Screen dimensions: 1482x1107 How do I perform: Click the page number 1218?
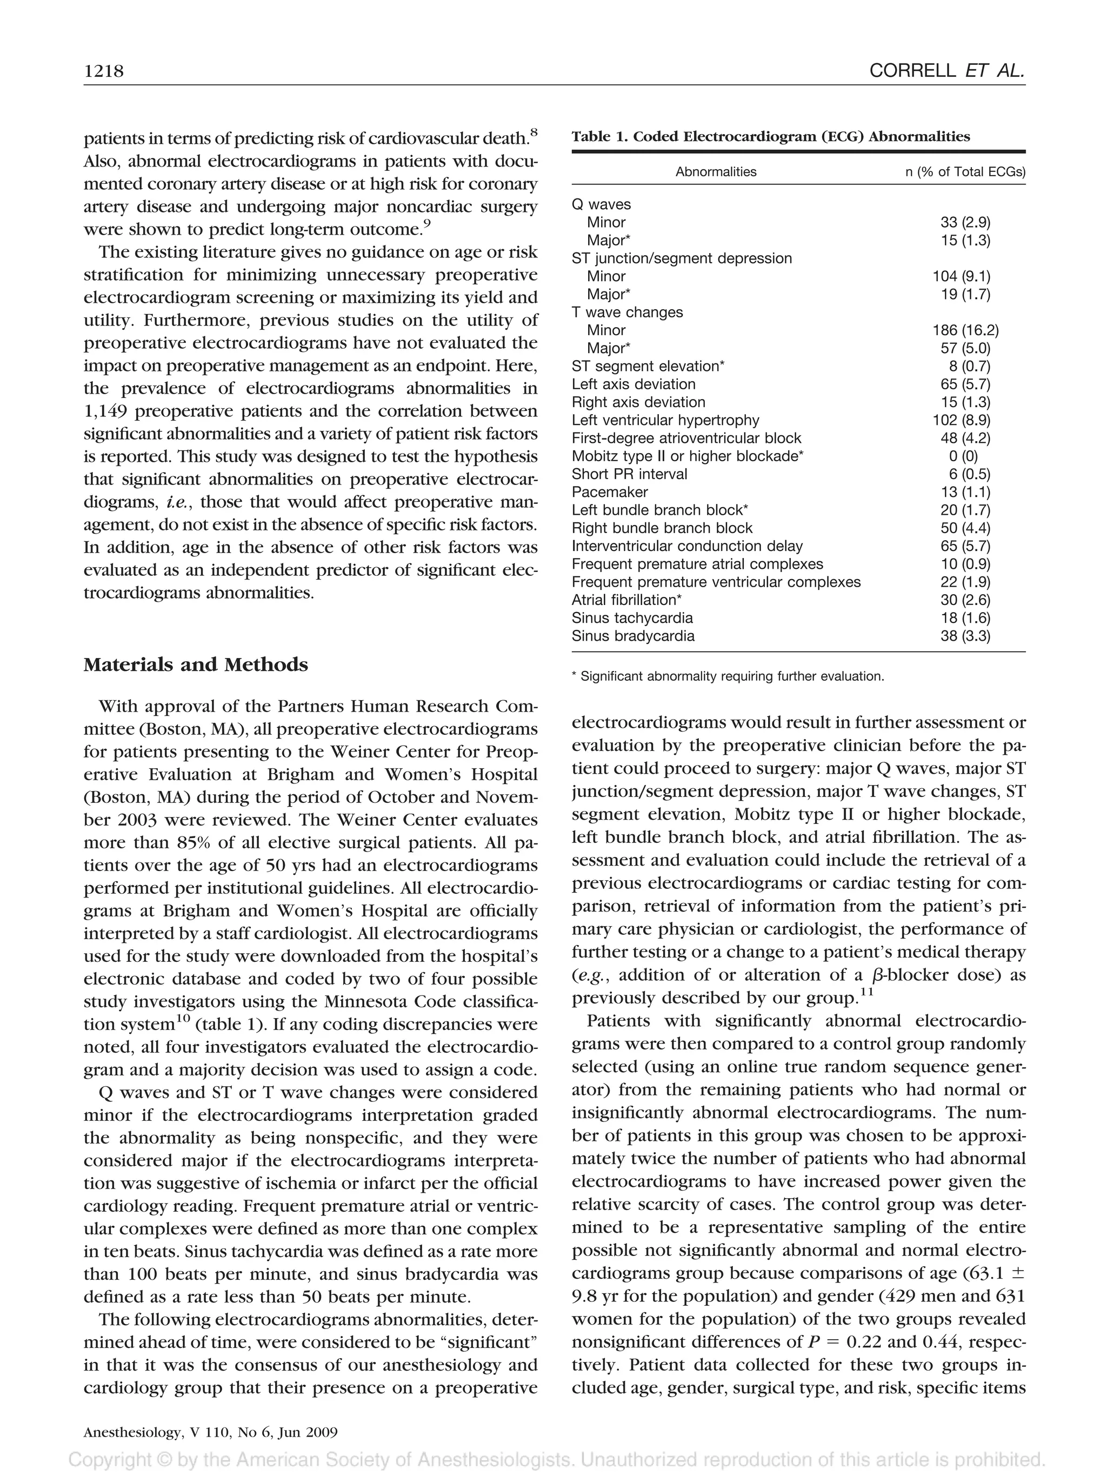click(x=104, y=71)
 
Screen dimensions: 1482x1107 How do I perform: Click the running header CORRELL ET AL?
click(x=946, y=71)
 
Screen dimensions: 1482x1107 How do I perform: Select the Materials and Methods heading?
click(x=196, y=664)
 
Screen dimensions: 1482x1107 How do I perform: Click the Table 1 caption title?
click(x=770, y=137)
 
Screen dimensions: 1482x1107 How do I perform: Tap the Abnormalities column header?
click(x=715, y=172)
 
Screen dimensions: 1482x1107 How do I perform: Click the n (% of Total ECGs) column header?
click(x=964, y=172)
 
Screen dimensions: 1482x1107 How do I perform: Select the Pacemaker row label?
click(x=609, y=493)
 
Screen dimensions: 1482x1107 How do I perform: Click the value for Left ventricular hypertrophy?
click(x=965, y=420)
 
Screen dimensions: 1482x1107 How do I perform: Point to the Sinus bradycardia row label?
click(x=633, y=636)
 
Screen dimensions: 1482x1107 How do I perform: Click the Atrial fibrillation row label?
click(x=626, y=600)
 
